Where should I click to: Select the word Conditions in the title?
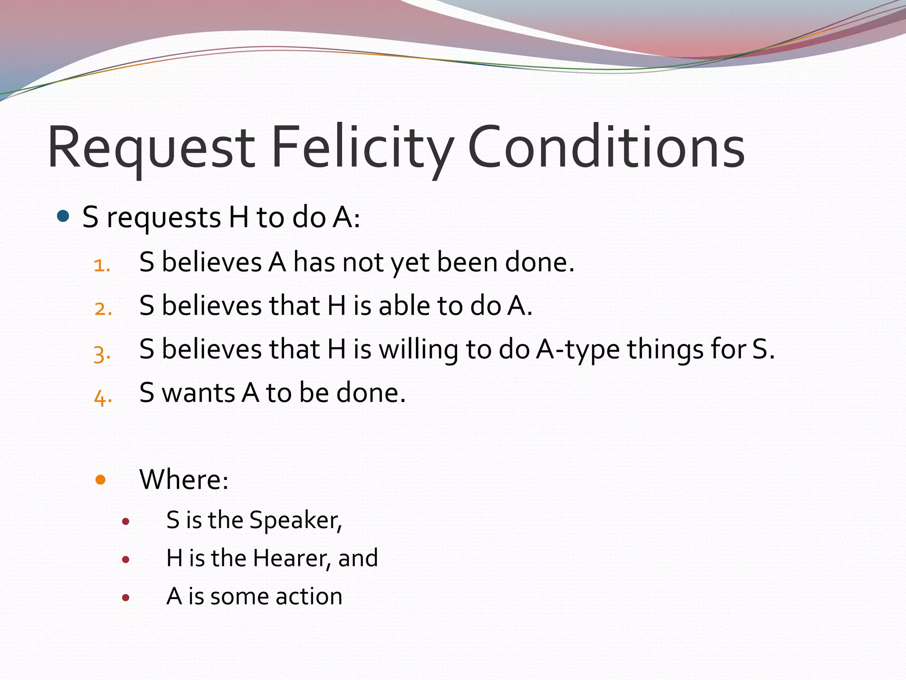click(606, 148)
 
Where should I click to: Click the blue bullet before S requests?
click(64, 216)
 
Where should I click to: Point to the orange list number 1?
click(102, 266)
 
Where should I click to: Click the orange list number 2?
click(103, 309)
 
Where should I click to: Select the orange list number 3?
click(102, 353)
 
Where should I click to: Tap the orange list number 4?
click(103, 397)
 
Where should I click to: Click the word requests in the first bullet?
click(164, 219)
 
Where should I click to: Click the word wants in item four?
click(198, 393)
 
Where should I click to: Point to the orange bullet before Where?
click(100, 479)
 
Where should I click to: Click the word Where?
click(184, 479)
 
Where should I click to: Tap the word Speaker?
click(296, 520)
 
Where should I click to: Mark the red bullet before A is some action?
click(126, 598)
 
